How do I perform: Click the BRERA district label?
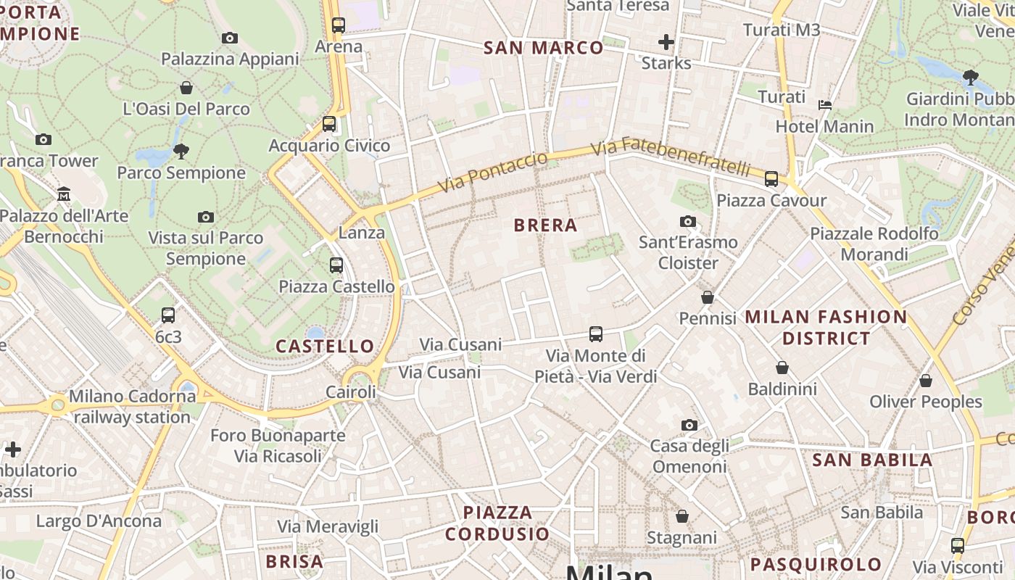(545, 225)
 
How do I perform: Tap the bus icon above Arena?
(338, 25)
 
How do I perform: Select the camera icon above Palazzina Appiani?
(230, 38)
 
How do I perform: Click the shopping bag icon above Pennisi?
(708, 297)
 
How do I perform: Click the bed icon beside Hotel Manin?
(825, 105)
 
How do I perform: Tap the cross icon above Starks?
(666, 42)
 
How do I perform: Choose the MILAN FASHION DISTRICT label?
(826, 327)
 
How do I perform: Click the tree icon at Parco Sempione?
(181, 152)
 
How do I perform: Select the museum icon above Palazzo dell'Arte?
(64, 194)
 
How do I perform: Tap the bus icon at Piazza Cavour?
(771, 178)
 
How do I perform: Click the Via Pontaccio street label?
(492, 173)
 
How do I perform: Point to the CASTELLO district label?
(325, 347)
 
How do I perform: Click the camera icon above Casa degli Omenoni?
(689, 425)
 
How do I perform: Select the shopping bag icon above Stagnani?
(681, 516)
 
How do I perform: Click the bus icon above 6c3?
(168, 315)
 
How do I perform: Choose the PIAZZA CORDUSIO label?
(497, 523)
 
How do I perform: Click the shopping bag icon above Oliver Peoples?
(926, 381)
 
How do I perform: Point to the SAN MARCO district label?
(543, 48)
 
